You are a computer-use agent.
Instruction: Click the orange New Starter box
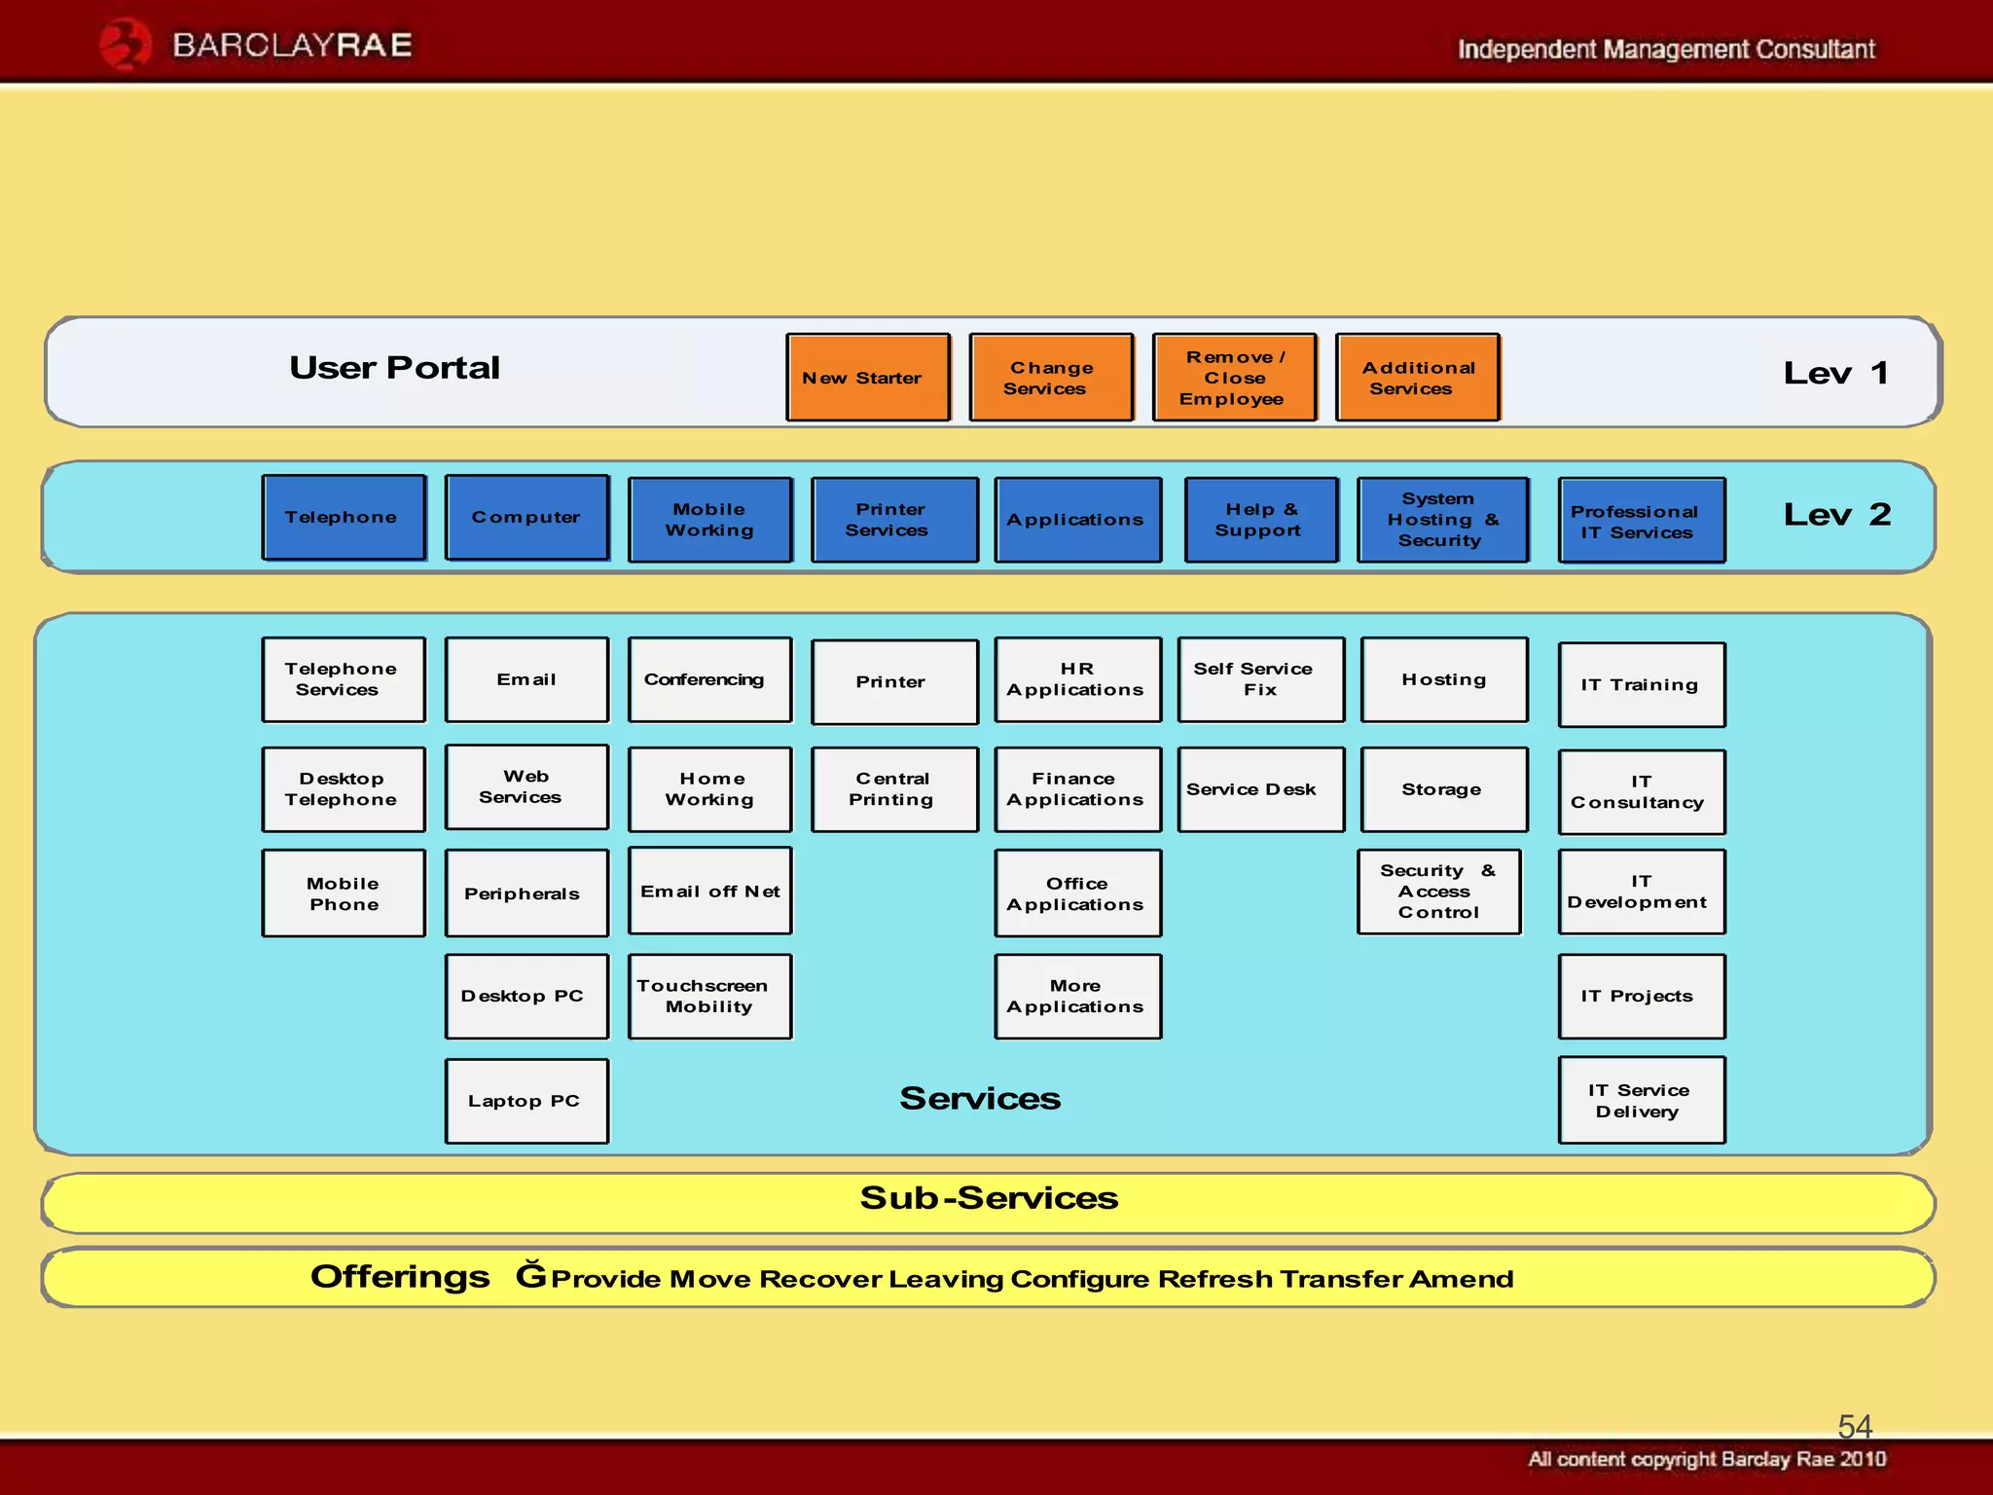868,378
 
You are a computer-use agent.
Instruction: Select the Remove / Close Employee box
1234,378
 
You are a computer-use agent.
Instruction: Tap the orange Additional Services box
1418,378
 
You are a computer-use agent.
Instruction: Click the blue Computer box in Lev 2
526,518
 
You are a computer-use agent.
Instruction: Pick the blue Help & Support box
1261,520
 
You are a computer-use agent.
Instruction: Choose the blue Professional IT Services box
1641,521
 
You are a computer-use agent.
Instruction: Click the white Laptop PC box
526,1101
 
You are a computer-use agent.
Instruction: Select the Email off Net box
710,891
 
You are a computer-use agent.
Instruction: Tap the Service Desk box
1260,789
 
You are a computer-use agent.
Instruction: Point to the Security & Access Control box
1439,892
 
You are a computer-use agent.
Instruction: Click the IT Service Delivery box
1641,1100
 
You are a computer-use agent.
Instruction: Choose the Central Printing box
893,789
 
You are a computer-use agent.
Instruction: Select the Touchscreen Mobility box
710,996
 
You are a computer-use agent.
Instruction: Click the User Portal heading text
394,368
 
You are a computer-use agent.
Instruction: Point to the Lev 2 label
1836,515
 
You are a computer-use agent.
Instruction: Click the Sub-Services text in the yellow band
989,1198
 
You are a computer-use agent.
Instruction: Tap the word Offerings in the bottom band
400,1276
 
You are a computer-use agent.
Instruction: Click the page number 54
1854,1426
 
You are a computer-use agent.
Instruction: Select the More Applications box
1077,996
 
